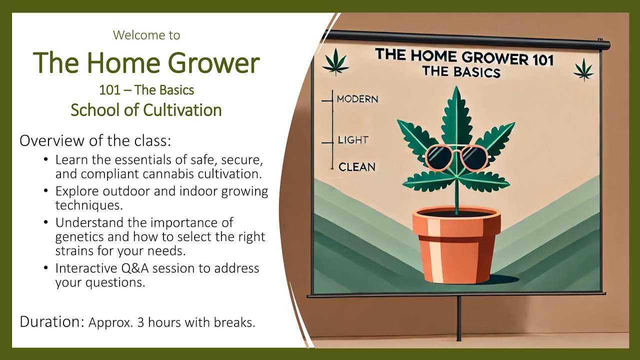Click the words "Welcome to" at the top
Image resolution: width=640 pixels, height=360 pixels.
coord(146,35)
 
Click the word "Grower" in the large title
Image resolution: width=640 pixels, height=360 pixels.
coord(213,63)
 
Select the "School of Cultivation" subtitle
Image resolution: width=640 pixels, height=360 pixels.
coord(146,110)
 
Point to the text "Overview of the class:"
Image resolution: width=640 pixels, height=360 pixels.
coord(95,140)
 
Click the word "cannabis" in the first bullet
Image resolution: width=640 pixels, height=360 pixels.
coord(168,175)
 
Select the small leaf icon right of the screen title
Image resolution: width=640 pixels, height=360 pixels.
coord(583,69)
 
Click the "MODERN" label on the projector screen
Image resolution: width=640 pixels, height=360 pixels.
coord(357,99)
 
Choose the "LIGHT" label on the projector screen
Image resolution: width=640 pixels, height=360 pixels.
coord(352,140)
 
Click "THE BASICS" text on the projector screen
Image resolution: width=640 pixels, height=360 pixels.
coord(461,71)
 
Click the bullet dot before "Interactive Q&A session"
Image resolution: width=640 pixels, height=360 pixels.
coord(46,268)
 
